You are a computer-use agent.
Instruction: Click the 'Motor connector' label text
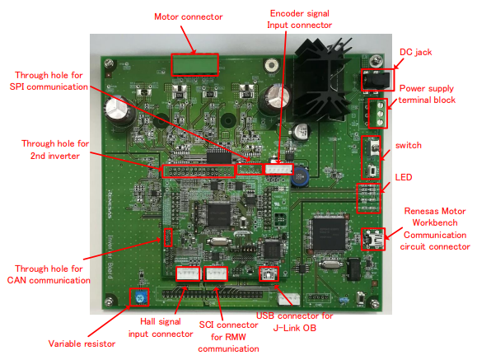point(189,17)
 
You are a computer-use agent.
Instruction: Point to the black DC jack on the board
point(373,80)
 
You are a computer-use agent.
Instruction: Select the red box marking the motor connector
point(195,63)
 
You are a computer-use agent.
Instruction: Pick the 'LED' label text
point(403,178)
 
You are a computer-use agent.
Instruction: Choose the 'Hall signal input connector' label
point(161,328)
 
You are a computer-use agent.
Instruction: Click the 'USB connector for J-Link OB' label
point(293,323)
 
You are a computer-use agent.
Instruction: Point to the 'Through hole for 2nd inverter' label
point(53,150)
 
